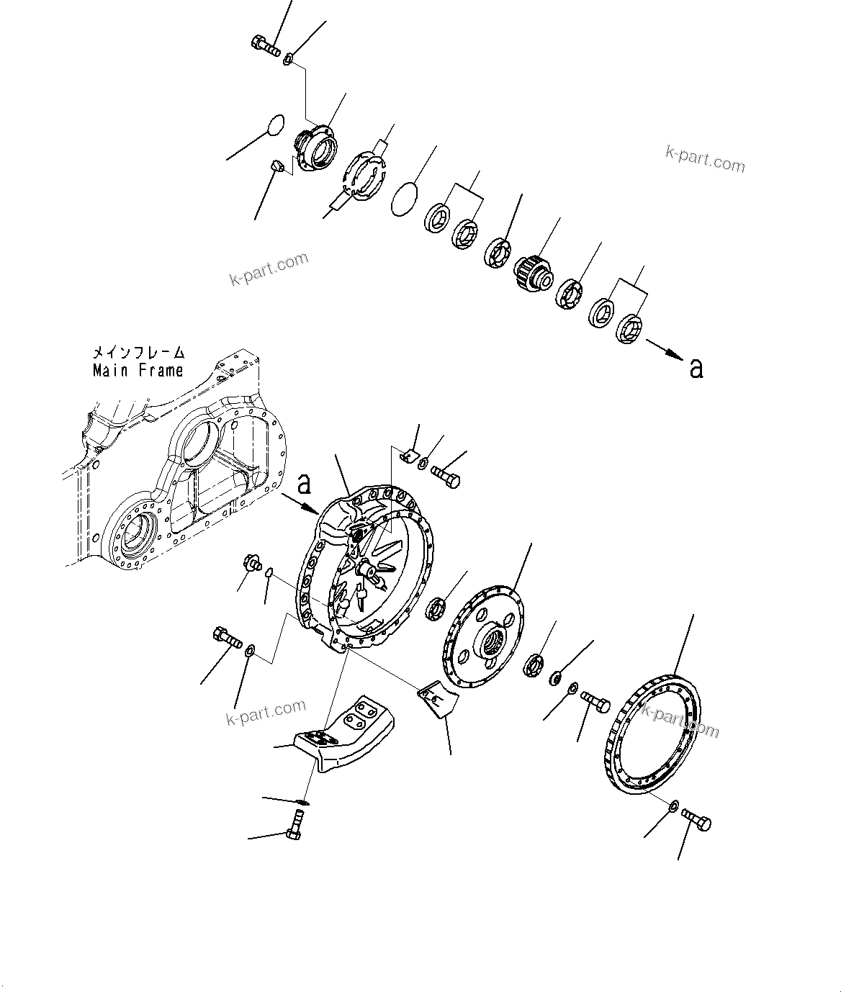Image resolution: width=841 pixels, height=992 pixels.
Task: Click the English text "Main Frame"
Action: (x=138, y=371)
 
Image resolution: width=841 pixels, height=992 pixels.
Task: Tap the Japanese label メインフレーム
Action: (x=138, y=353)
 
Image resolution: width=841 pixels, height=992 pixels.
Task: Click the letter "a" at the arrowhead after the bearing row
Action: (x=696, y=368)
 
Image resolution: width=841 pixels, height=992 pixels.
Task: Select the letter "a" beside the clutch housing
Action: (x=305, y=484)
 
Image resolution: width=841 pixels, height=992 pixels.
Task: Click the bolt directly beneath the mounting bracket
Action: (x=296, y=824)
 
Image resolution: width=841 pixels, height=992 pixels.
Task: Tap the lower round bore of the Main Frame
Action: (x=134, y=533)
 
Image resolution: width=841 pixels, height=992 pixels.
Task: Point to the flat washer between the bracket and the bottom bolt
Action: (x=304, y=801)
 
